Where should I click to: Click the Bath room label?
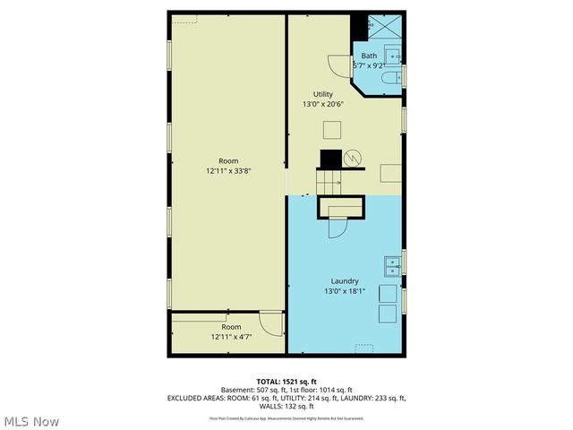coord(369,56)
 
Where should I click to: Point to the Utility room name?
coord(323,94)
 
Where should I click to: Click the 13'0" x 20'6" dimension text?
coord(323,104)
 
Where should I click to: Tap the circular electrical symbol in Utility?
coord(355,157)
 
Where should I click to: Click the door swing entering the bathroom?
coord(340,65)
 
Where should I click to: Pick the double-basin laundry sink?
coord(391,265)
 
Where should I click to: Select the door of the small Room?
coord(269,322)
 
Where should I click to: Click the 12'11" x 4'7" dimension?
coord(232,338)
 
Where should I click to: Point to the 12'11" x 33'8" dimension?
coord(228,170)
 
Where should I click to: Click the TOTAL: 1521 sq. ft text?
coord(286,381)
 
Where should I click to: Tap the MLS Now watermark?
coord(31,421)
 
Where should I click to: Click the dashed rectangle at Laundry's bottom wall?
coord(363,347)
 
